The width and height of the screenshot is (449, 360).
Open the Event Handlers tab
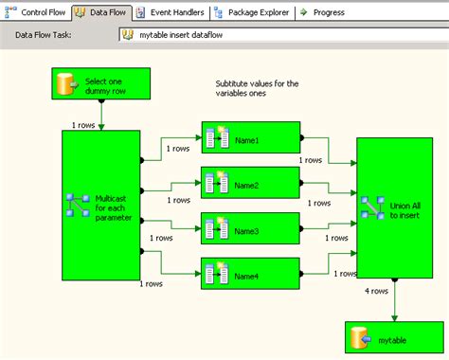[171, 13]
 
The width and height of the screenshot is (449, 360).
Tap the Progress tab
[324, 13]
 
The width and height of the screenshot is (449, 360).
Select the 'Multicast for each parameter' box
[100, 205]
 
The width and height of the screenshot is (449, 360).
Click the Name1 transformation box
[251, 137]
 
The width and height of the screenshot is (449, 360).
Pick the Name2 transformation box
[251, 183]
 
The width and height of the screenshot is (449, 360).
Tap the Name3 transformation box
[251, 228]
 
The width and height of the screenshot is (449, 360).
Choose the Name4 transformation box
[251, 274]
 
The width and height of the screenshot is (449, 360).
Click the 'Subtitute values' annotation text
[257, 89]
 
